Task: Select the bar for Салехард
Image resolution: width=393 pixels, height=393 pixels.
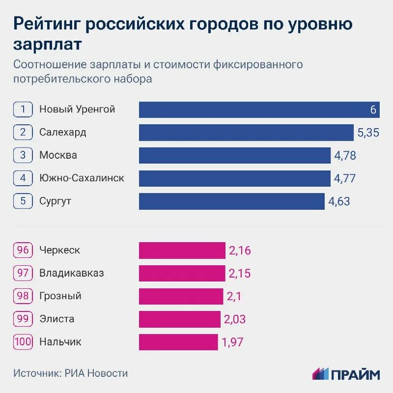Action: (246, 133)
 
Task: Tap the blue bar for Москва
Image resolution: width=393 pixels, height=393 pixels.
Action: (234, 156)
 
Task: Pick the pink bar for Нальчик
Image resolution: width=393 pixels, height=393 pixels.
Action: (178, 342)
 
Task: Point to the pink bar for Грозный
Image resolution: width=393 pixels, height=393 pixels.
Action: (181, 296)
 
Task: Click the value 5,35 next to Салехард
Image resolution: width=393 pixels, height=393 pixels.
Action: (368, 133)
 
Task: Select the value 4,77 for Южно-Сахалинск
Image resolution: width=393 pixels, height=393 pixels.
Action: (344, 179)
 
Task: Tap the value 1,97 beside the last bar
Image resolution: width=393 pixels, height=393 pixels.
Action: (232, 342)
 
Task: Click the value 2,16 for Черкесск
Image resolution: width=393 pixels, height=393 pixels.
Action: (240, 251)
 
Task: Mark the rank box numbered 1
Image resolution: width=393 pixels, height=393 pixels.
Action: (23, 110)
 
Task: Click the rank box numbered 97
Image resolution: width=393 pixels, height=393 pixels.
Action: (23, 273)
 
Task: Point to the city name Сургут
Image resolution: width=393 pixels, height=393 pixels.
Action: (56, 201)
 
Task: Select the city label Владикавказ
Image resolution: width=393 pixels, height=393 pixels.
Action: (72, 273)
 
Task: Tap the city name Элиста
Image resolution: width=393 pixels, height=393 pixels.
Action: (57, 319)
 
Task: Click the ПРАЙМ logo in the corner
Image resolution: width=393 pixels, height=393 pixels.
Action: (346, 374)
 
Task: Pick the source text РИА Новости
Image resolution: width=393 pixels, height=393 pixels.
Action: (96, 373)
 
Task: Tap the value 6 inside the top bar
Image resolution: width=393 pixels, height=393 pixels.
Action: (373, 110)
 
